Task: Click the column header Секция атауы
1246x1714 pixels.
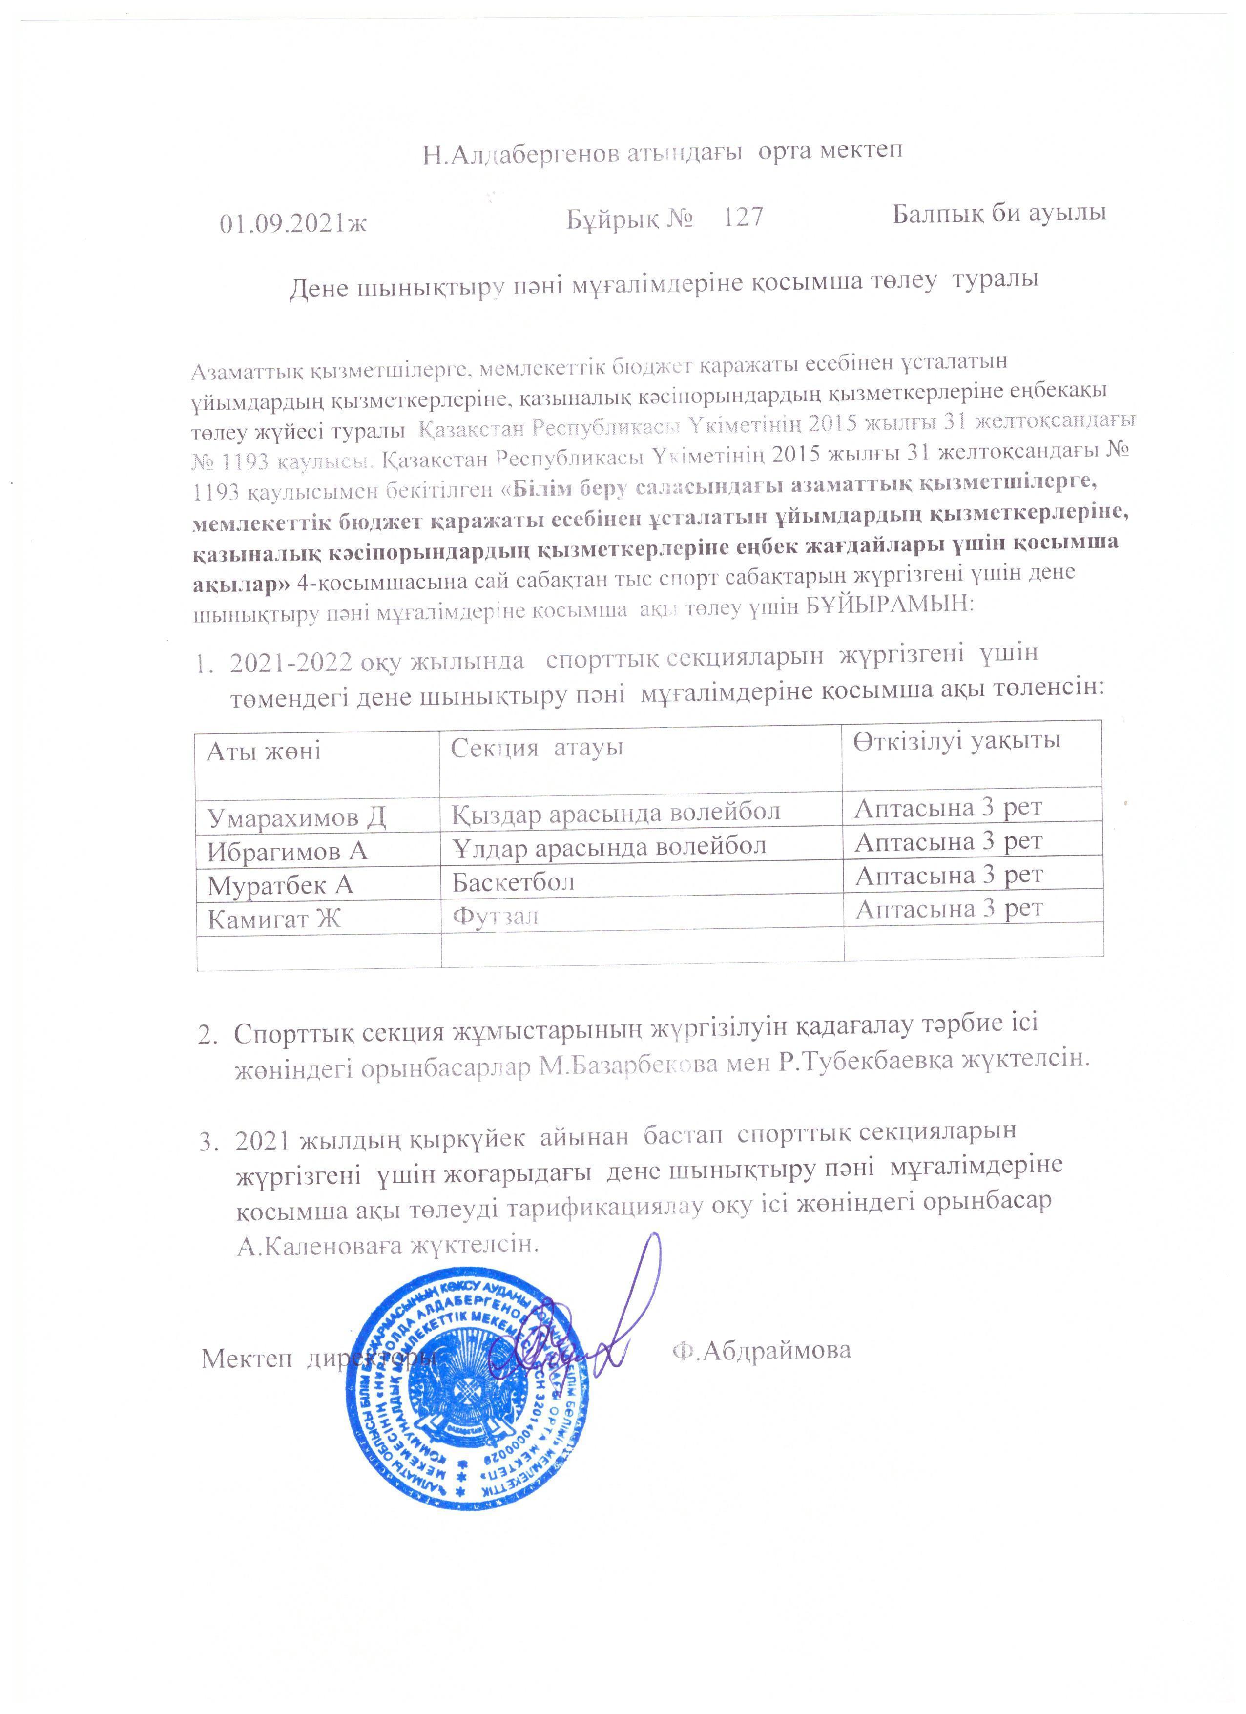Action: pyautogui.click(x=537, y=748)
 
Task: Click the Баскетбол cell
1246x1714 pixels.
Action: pyautogui.click(x=513, y=881)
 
